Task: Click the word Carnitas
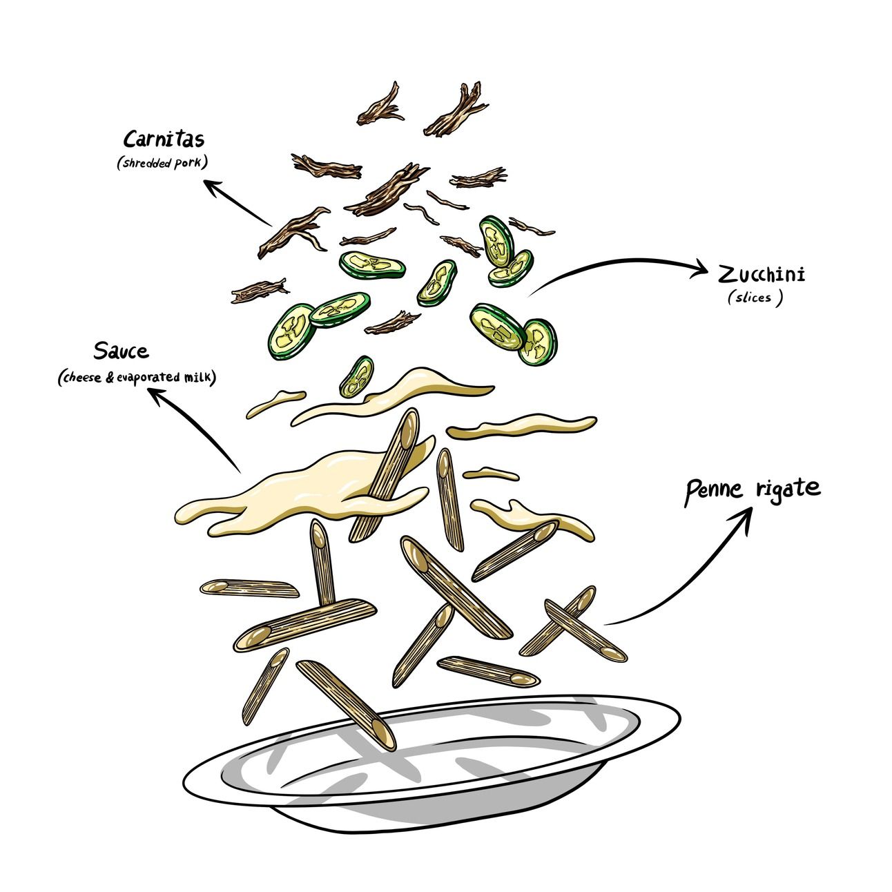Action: (164, 139)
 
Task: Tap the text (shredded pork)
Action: (163, 162)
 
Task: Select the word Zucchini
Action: (762, 275)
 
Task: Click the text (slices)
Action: (755, 298)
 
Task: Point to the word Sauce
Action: (121, 351)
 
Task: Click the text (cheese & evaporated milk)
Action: (137, 377)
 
